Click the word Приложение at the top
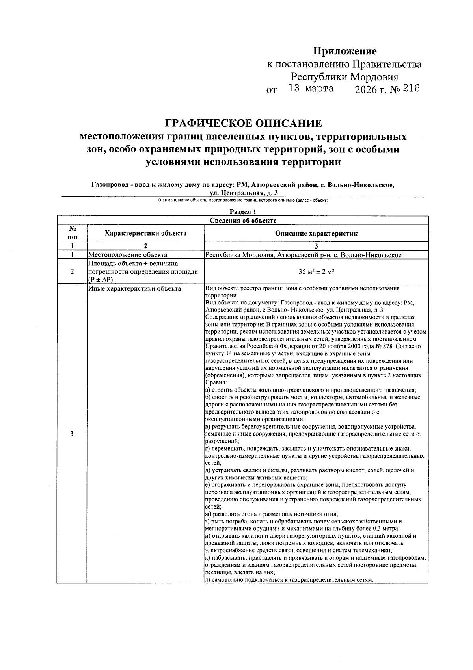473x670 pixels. pos(345,51)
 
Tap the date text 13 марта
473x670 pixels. pos(311,89)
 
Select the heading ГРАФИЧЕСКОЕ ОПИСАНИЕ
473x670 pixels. pos(243,124)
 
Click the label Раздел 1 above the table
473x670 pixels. pos(243,212)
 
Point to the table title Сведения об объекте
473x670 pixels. pos(243,221)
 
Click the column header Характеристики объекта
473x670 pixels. pos(145,233)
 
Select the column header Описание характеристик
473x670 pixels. pos(316,233)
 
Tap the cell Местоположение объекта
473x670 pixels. pos(128,255)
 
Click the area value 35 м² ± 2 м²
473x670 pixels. pos(317,271)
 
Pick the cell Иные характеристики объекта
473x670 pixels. pos(134,289)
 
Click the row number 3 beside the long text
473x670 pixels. pos(71,434)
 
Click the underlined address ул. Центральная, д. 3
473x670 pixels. pos(244,193)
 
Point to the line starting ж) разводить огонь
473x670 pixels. pos(272,514)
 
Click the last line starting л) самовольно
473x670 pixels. pos(289,580)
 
